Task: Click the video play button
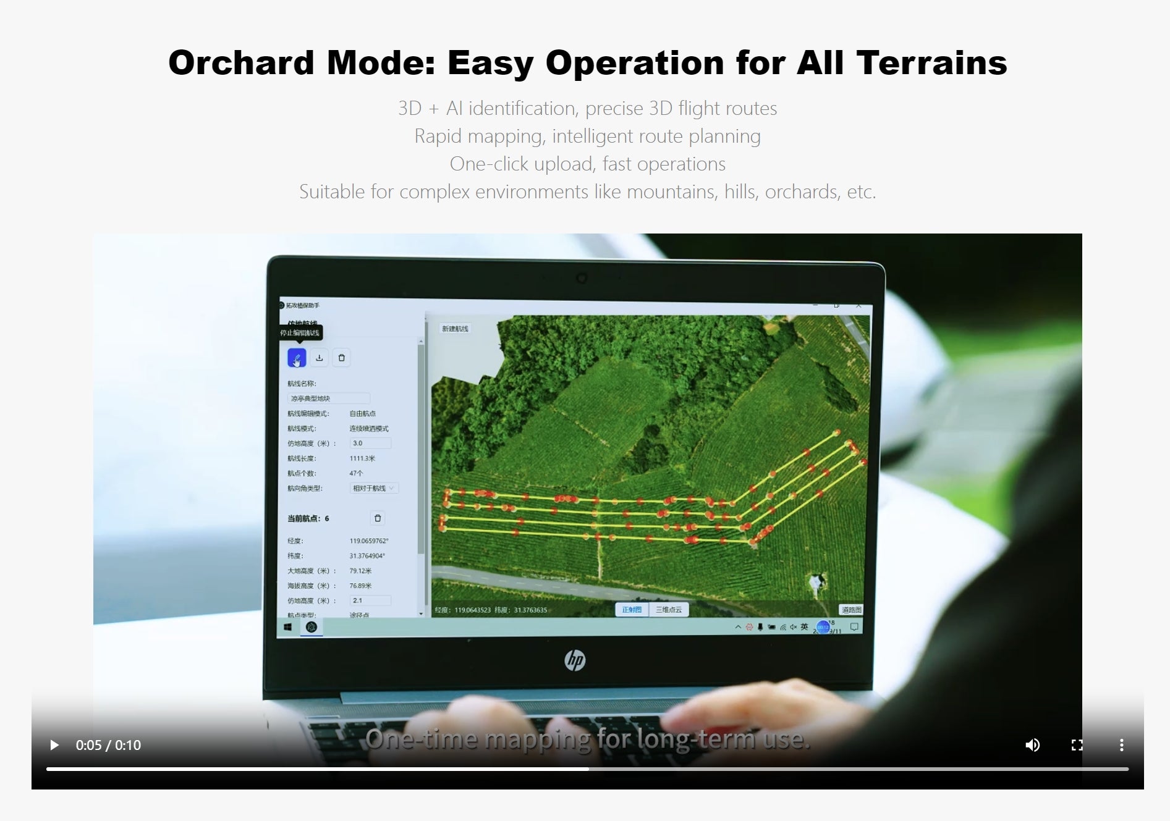point(54,745)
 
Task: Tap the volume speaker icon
point(1032,745)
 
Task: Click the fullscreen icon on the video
point(1077,745)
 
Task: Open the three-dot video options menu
point(1121,745)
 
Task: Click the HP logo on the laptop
point(575,660)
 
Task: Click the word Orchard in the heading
point(241,63)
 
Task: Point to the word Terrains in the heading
point(931,63)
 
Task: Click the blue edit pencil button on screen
point(297,358)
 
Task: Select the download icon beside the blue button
point(320,358)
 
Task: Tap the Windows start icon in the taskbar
point(288,627)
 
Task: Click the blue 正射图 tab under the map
point(632,610)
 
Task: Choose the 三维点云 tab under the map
point(669,610)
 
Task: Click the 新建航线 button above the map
point(455,329)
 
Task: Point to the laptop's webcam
point(581,279)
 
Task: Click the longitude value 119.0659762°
point(368,541)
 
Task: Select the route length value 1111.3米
point(362,458)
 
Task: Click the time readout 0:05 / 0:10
point(108,746)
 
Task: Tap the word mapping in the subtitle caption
point(538,739)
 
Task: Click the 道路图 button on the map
point(851,610)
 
